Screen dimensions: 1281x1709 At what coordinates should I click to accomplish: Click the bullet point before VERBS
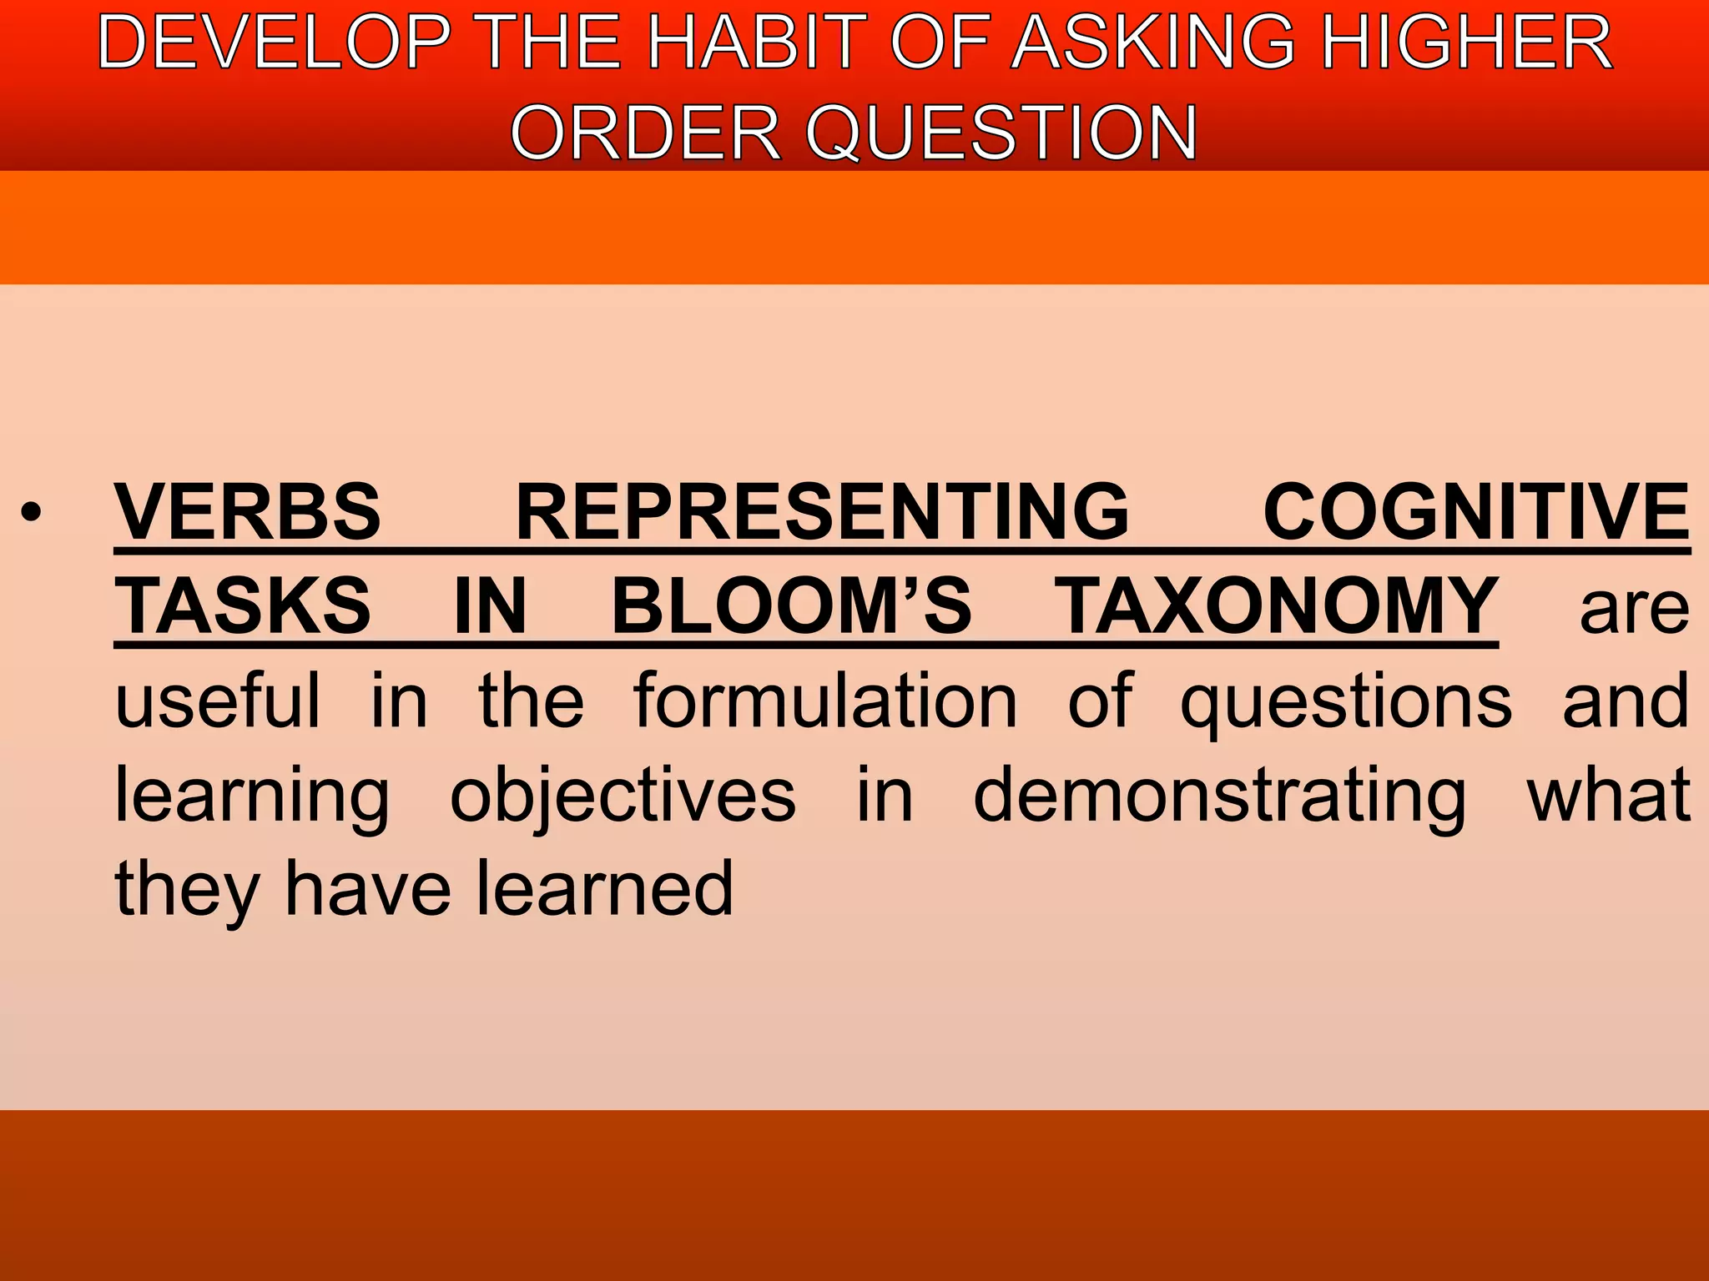(32, 512)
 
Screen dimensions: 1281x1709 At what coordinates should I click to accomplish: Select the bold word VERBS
(248, 512)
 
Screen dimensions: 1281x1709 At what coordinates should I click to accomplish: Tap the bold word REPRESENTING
(822, 512)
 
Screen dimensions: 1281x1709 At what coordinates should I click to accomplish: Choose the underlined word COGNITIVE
(1476, 512)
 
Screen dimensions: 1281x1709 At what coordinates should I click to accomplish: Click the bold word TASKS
(243, 606)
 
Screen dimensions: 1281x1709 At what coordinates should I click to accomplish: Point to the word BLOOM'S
(792, 606)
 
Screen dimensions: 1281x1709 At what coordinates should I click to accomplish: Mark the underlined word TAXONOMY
(1277, 606)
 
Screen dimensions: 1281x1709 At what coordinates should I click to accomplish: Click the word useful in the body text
(218, 701)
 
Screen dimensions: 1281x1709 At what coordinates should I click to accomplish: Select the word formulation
(825, 701)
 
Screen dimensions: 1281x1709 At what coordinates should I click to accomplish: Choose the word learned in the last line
(605, 889)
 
